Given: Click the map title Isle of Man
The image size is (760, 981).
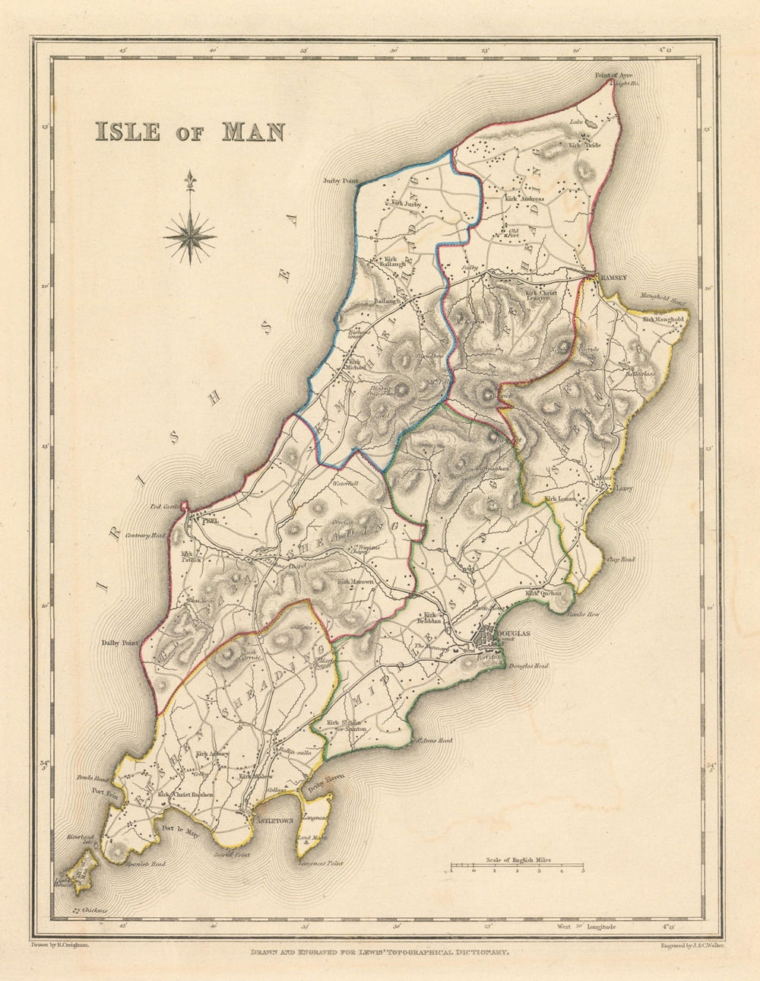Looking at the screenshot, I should click(x=188, y=132).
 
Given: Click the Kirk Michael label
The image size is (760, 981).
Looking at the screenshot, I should click(x=356, y=364).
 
